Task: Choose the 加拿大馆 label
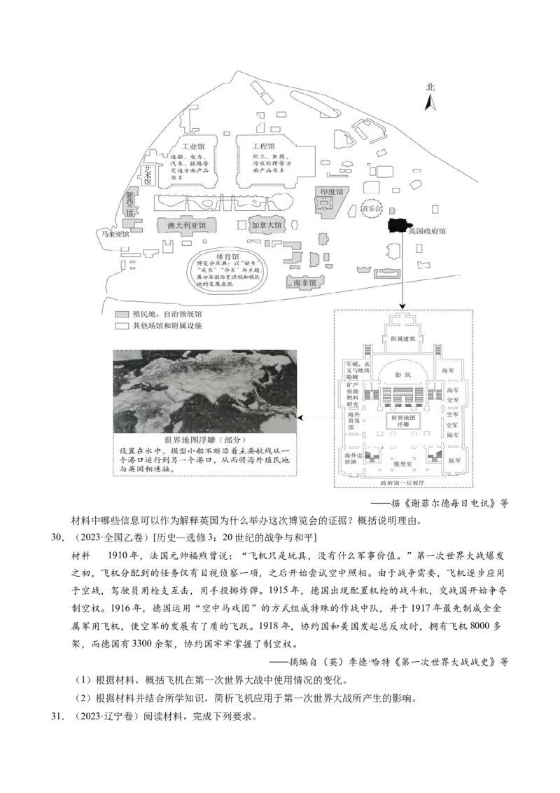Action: pos(266,226)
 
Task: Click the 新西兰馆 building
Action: pos(130,202)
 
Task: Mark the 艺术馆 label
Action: pos(148,174)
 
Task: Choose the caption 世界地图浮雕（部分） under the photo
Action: pos(205,439)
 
